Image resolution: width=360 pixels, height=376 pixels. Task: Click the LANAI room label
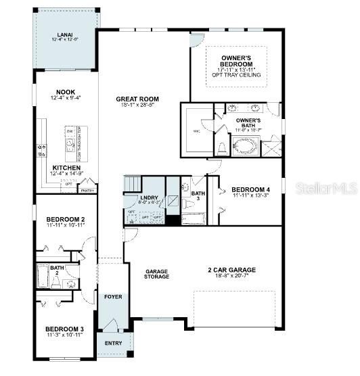click(x=66, y=34)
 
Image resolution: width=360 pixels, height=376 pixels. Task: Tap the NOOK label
click(x=66, y=92)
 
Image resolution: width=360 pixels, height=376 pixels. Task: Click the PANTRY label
click(x=87, y=191)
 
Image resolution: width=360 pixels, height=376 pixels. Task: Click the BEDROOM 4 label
click(x=250, y=189)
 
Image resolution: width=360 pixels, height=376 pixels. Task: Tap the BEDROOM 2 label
click(x=66, y=219)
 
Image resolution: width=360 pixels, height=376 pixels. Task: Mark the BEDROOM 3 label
click(x=66, y=329)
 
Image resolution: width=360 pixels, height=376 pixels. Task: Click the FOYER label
click(x=112, y=297)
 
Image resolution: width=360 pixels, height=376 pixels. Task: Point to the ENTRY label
click(x=112, y=343)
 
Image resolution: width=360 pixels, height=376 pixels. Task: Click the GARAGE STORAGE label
click(x=156, y=273)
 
